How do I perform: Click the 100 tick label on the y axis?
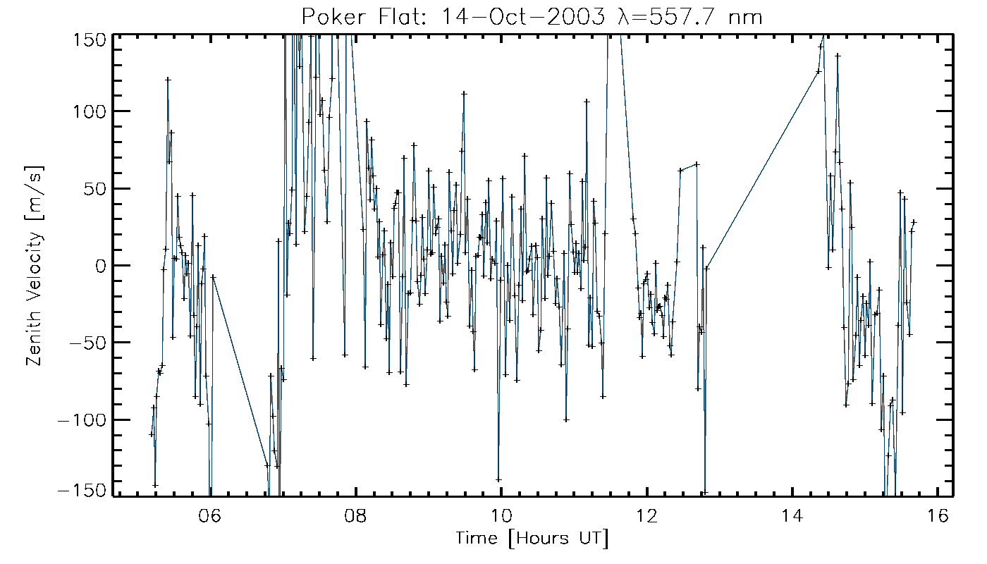pyautogui.click(x=90, y=111)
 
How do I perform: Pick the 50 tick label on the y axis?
pyautogui.click(x=96, y=188)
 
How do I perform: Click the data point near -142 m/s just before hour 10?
pyautogui.click(x=498, y=480)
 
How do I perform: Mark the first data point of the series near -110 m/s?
pyautogui.click(x=151, y=434)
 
